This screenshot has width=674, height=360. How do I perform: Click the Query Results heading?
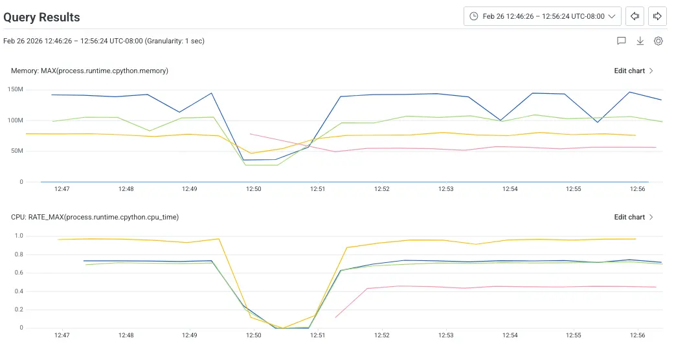(41, 17)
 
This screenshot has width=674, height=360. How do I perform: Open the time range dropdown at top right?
(543, 16)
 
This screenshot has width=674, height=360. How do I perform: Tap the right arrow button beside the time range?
(657, 16)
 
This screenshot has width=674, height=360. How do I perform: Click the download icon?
(640, 41)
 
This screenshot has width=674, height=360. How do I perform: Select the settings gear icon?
(658, 41)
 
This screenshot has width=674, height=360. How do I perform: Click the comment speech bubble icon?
(622, 41)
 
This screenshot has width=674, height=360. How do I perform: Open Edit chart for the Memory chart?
(633, 71)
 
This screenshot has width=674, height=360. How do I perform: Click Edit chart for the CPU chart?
(633, 217)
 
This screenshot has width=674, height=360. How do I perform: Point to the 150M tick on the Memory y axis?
(16, 89)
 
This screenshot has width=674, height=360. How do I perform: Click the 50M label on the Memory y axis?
(17, 151)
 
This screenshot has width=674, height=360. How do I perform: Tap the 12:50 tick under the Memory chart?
(253, 189)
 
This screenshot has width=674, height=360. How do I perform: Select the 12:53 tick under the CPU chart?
(445, 335)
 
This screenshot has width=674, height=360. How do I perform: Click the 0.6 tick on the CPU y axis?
(19, 273)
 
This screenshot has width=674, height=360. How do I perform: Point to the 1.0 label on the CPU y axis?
(19, 236)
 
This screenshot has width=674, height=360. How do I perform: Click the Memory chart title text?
(89, 71)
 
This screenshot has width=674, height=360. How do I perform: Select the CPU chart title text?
(95, 217)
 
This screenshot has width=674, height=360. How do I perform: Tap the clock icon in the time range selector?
(474, 16)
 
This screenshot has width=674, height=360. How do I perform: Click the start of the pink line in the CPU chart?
(335, 317)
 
